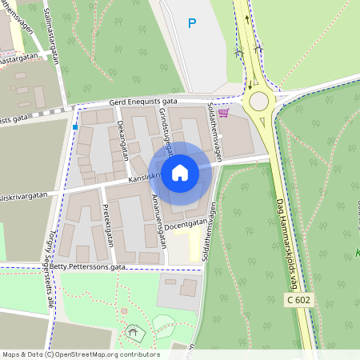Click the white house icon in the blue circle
[180, 172]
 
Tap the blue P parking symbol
[191, 24]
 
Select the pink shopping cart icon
[223, 113]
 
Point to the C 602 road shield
[298, 298]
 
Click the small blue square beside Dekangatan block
[75, 126]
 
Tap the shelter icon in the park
[132, 331]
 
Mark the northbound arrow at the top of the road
[246, 19]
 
